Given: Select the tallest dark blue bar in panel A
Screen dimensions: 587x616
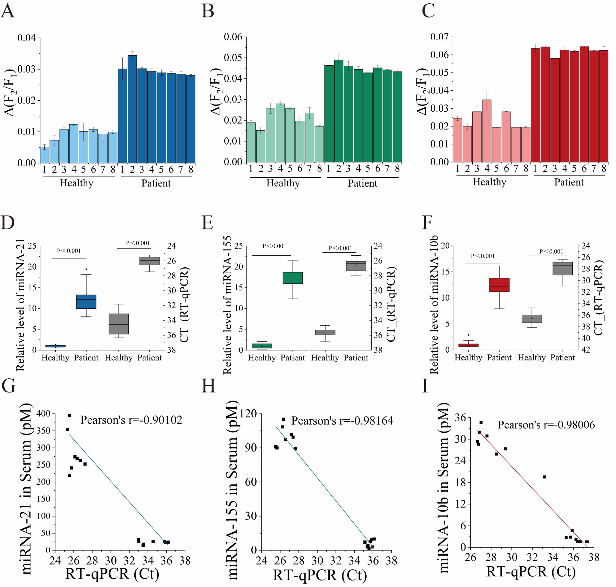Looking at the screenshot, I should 132,109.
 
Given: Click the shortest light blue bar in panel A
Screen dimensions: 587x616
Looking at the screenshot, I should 45,155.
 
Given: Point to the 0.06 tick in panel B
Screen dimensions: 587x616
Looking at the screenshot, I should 233,37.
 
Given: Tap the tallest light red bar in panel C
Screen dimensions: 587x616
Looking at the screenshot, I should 487,131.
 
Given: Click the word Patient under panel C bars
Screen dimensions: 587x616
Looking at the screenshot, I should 569,183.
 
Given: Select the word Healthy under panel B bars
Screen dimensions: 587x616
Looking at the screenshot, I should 283,183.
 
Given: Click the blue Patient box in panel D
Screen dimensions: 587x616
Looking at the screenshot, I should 86,302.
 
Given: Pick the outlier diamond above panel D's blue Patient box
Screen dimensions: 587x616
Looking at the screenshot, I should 86,269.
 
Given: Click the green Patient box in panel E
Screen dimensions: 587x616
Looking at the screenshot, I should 293,278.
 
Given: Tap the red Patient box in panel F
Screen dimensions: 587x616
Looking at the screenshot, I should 499,285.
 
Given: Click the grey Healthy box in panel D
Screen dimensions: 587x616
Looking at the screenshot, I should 119,324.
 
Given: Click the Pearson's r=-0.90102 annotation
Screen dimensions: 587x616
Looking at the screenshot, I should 131,420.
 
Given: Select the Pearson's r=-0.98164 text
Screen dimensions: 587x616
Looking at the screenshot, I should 342,421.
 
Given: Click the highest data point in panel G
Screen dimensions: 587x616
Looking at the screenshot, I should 69,416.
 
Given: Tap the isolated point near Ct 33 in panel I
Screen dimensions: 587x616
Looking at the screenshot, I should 544,477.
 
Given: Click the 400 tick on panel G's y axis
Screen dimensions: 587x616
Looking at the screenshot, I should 43,414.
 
